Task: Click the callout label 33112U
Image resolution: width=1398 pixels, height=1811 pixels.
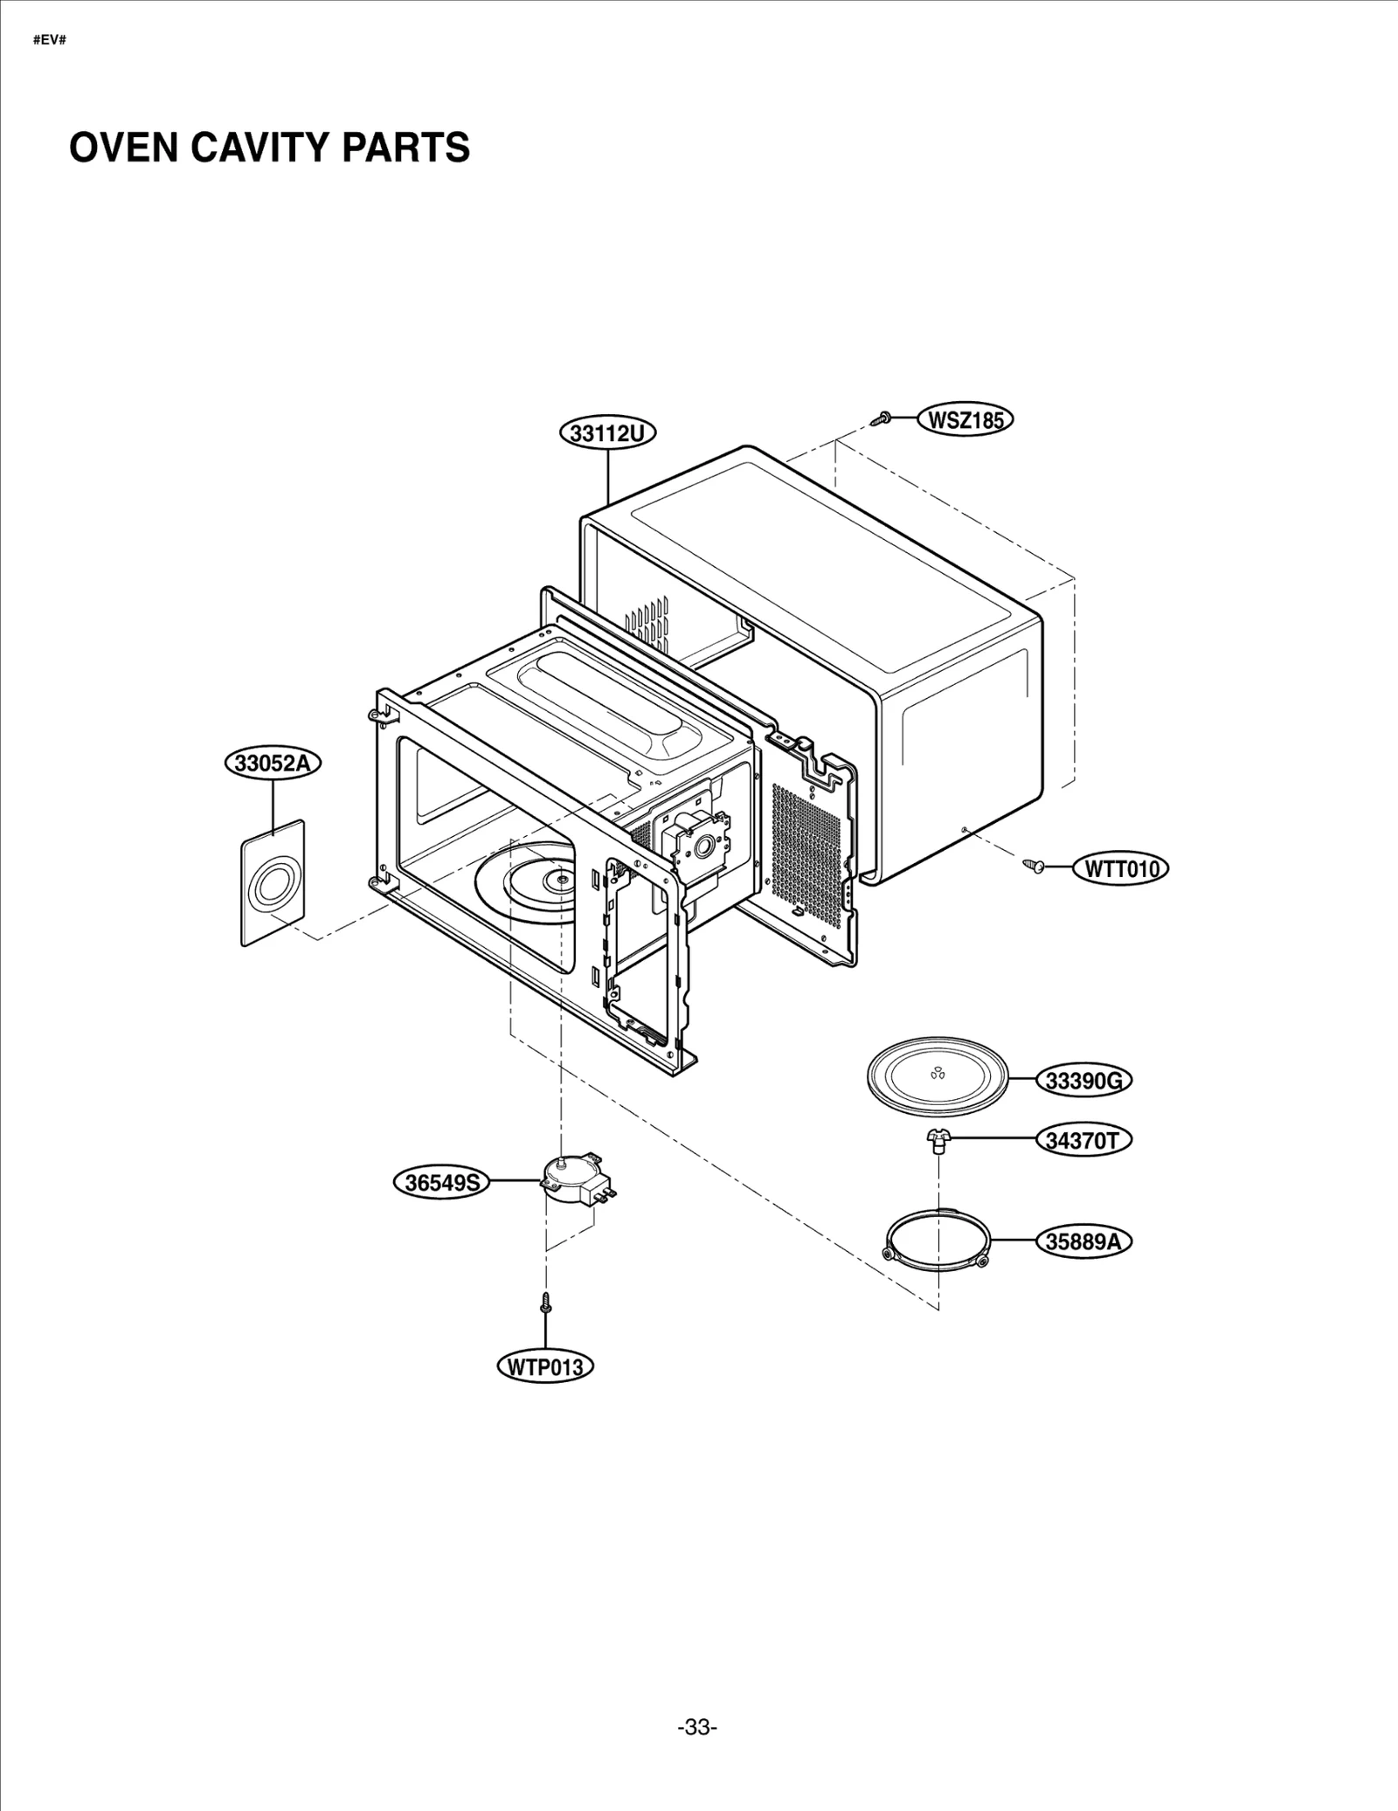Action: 608,432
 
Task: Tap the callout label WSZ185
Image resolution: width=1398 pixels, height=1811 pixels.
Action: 965,420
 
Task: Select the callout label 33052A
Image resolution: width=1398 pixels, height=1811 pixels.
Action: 273,763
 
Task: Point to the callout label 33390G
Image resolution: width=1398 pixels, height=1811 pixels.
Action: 1083,1081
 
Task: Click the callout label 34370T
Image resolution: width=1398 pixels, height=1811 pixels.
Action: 1083,1140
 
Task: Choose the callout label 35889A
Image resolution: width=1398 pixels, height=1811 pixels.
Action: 1083,1241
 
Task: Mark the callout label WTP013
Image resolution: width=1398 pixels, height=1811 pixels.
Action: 544,1367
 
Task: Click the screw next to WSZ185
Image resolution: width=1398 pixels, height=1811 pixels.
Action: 881,420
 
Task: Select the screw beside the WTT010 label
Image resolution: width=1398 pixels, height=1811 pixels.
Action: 1035,866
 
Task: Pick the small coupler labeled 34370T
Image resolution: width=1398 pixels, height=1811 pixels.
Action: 938,1140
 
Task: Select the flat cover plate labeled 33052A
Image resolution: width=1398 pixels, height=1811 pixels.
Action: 273,882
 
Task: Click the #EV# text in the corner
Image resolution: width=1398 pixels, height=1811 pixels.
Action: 50,41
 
